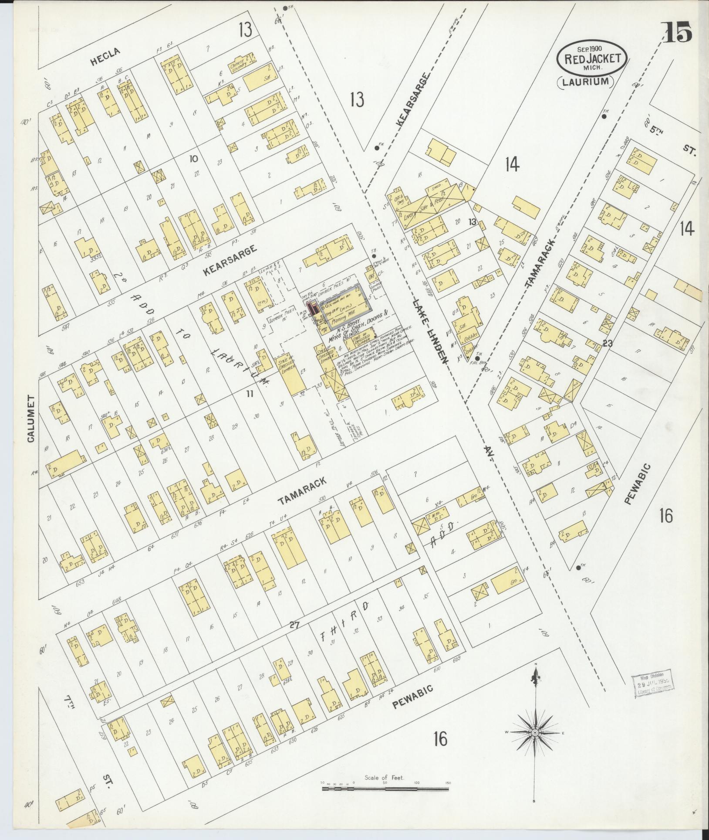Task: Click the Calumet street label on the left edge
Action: pos(30,419)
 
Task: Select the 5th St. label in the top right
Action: pos(671,138)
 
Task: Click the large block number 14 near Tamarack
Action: pos(512,164)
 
